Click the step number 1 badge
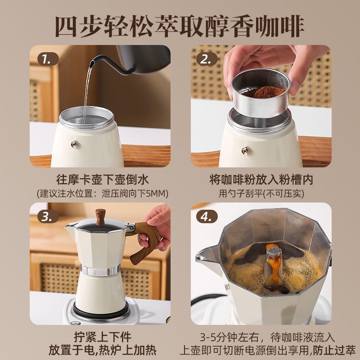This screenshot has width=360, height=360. pyautogui.click(x=48, y=59)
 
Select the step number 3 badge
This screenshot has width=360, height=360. pyautogui.click(x=48, y=216)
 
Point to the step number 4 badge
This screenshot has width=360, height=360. pyautogui.click(x=207, y=216)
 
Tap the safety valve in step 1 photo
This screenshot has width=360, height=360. pyautogui.click(x=75, y=144)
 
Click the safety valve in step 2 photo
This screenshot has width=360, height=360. pyautogui.click(x=246, y=151)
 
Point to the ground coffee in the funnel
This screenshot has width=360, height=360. pyautogui.click(x=264, y=92)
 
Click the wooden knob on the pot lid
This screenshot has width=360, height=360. pyautogui.click(x=100, y=217)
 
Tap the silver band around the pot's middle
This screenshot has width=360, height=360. pyautogui.click(x=100, y=270)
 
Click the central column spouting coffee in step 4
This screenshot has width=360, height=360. pyautogui.click(x=274, y=264)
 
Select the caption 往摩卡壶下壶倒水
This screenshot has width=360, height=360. pyautogui.click(x=103, y=179)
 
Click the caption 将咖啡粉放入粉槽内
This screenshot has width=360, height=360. pyautogui.click(x=261, y=179)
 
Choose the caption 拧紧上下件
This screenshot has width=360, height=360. pyautogui.click(x=103, y=337)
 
